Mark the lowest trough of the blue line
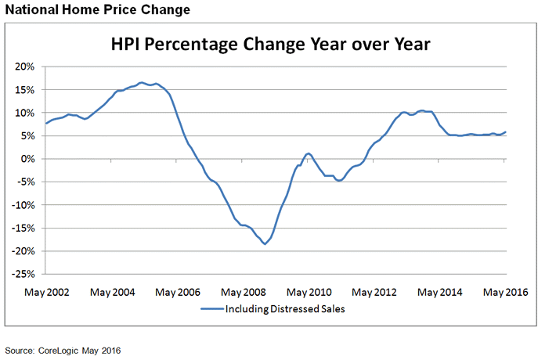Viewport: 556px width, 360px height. tap(265, 244)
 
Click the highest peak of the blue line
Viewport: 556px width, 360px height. tap(141, 82)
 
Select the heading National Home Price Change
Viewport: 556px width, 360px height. tap(95, 10)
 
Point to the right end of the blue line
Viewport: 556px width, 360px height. tap(505, 132)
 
